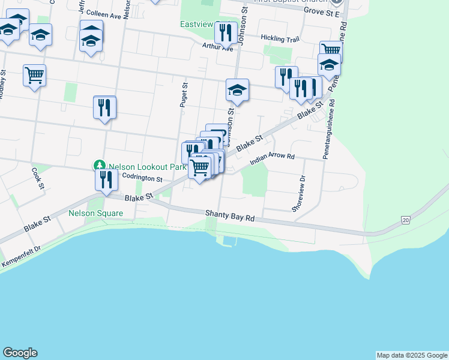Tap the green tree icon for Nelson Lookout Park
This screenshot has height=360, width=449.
tap(99, 165)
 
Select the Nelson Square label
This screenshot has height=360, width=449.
tap(95, 213)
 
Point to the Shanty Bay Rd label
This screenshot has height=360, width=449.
tap(231, 215)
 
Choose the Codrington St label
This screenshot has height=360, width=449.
tap(142, 178)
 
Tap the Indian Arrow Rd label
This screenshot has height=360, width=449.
tap(273, 157)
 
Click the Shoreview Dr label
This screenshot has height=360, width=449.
tap(302, 193)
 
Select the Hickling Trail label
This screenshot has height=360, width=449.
tap(280, 38)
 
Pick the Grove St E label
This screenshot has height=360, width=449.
tap(322, 11)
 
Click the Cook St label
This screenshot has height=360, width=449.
tap(37, 177)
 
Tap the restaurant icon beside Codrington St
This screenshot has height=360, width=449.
tap(106, 179)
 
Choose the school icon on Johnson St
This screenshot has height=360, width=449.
tap(237, 90)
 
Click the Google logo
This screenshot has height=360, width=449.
tap(20, 353)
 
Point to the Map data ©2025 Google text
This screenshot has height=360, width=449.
tap(411, 355)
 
